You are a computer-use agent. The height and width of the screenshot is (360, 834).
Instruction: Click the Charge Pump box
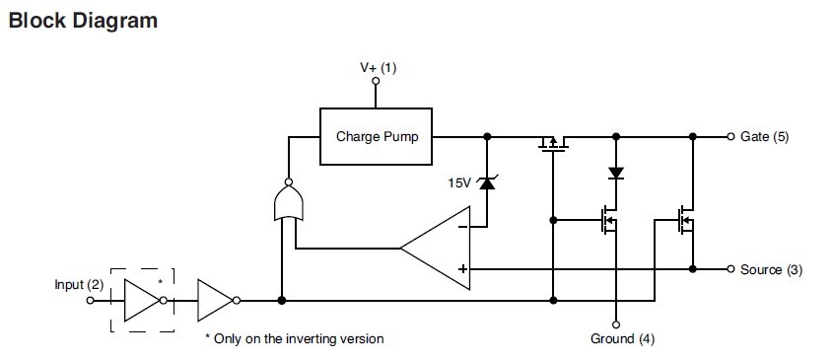378,136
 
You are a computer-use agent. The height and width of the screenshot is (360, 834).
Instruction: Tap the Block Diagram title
82,20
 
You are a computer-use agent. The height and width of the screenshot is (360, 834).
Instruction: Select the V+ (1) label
378,67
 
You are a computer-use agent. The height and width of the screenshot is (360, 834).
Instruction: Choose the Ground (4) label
622,338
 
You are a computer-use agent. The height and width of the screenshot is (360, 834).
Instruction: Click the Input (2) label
78,285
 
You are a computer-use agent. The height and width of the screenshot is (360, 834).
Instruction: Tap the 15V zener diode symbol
486,181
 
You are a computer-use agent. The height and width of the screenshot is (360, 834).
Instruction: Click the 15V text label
460,182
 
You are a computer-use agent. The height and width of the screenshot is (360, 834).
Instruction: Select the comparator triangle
439,249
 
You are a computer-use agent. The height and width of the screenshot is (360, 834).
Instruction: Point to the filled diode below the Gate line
616,173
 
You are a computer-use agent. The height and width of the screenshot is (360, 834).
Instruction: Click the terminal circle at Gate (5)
730,136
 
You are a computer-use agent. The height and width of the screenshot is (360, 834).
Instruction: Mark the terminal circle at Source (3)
730,269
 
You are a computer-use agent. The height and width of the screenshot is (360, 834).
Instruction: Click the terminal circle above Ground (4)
616,323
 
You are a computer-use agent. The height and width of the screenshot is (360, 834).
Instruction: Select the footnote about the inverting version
294,338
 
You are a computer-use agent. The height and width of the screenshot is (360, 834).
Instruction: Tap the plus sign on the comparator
461,268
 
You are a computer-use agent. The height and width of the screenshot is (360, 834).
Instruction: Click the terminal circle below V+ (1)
376,85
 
